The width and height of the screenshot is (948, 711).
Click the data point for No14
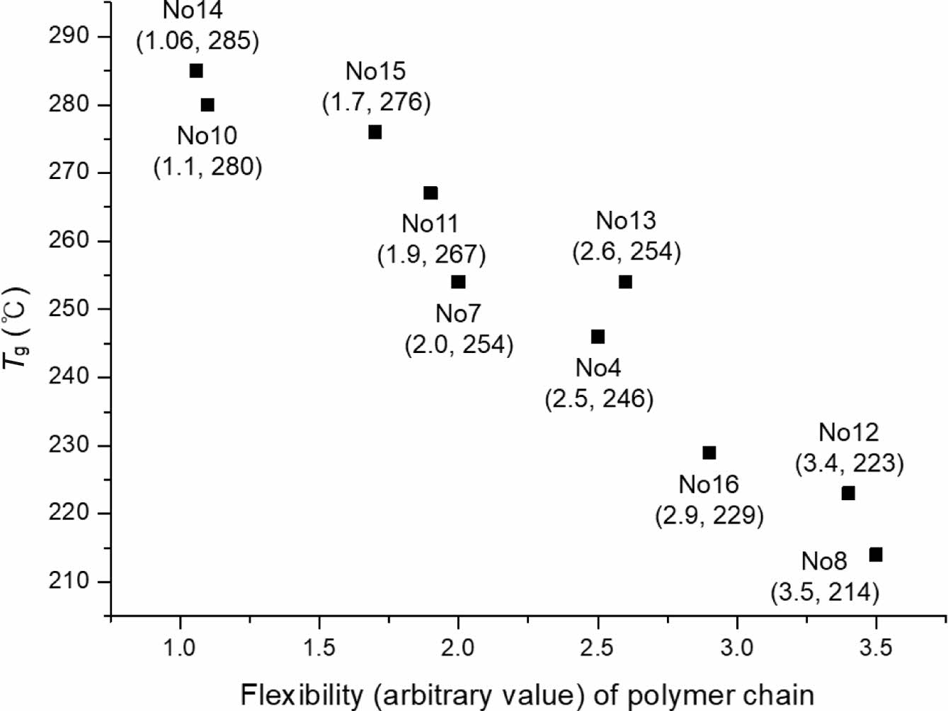[196, 71]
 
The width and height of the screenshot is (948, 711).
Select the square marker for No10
[207, 105]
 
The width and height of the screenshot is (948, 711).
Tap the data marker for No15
[375, 132]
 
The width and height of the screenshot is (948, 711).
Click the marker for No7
[458, 282]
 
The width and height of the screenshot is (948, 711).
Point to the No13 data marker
[625, 282]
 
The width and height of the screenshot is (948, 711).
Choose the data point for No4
[598, 337]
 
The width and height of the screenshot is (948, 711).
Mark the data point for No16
[709, 453]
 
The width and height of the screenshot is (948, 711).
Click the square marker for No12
[848, 493]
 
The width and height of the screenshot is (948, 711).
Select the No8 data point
[876, 555]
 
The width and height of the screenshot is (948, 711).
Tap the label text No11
[430, 224]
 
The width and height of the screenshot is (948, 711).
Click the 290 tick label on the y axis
[69, 36]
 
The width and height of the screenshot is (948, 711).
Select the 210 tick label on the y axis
[69, 581]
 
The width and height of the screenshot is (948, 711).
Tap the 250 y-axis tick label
[69, 308]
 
